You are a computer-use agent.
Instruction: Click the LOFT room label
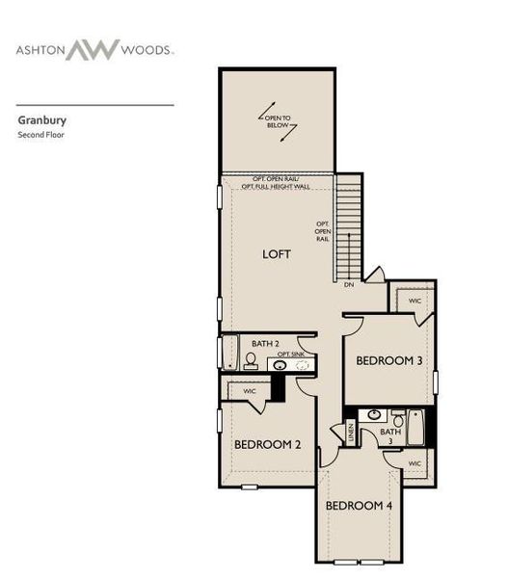point(277,254)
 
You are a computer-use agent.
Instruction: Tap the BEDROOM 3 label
point(388,360)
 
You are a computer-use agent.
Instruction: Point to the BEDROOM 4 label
point(358,506)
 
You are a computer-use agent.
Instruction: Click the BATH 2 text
point(265,343)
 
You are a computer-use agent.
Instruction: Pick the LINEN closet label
point(351,433)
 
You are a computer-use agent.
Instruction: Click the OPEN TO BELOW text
point(278,122)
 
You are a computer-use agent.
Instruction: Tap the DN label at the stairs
point(349,284)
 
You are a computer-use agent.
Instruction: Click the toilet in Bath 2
point(251,362)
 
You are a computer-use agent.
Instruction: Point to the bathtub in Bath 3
point(416,428)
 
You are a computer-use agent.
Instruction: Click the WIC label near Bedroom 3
point(414,301)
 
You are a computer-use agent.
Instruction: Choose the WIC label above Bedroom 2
point(249,391)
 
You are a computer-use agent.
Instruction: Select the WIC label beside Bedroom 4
point(414,463)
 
